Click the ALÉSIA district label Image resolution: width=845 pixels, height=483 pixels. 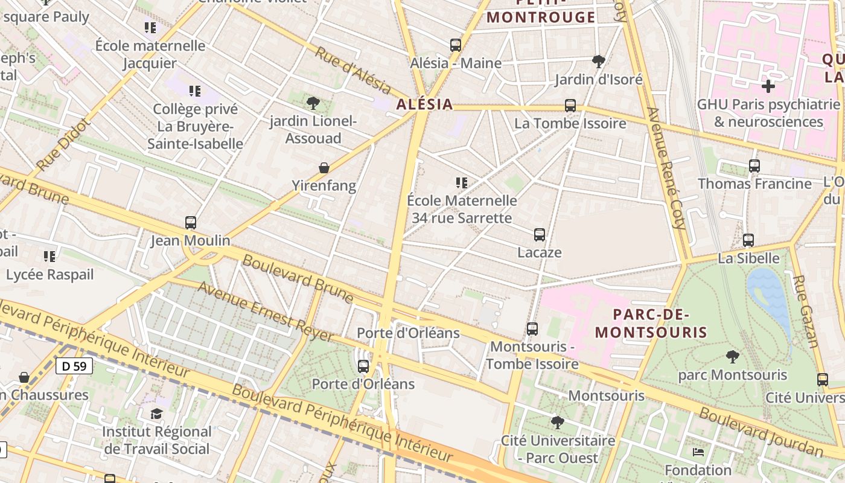pyautogui.click(x=424, y=104)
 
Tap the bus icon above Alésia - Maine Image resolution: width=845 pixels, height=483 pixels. pyautogui.click(x=455, y=45)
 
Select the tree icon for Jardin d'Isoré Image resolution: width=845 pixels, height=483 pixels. pyautogui.click(x=598, y=61)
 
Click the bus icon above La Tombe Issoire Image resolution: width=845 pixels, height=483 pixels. pyautogui.click(x=570, y=106)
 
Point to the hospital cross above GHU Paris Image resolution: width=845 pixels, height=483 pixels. pyautogui.click(x=768, y=86)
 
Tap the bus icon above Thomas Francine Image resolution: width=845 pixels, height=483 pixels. pyautogui.click(x=754, y=165)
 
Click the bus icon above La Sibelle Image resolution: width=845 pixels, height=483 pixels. pyautogui.click(x=748, y=240)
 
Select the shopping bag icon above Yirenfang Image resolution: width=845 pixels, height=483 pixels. pyautogui.click(x=324, y=168)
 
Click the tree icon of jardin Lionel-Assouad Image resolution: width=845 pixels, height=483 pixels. pyautogui.click(x=313, y=103)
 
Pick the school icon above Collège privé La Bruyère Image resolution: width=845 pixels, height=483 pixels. pyautogui.click(x=194, y=91)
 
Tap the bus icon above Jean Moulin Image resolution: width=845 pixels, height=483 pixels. pyautogui.click(x=191, y=223)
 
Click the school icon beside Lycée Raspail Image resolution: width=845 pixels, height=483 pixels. pyautogui.click(x=49, y=257)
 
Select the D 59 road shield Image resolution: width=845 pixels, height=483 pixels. pyautogui.click(x=74, y=365)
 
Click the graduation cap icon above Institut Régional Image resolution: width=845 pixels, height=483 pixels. pyautogui.click(x=157, y=414)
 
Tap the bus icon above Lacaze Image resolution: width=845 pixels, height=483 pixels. pyautogui.click(x=539, y=235)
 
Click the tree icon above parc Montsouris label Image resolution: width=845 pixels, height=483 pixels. pyautogui.click(x=732, y=357)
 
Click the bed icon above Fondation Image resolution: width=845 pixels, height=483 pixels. pyautogui.click(x=698, y=452)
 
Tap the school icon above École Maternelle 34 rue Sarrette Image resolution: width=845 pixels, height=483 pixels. pyautogui.click(x=462, y=182)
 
